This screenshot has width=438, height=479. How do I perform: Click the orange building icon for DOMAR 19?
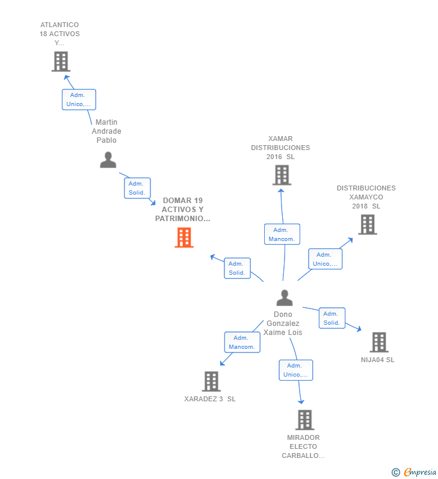point(184,237)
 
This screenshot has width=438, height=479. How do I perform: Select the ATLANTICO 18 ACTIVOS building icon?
point(61,61)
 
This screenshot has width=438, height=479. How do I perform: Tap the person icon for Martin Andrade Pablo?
point(108,160)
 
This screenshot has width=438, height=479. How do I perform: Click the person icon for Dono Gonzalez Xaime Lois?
point(284,298)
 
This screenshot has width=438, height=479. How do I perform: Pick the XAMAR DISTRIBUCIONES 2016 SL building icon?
point(282,175)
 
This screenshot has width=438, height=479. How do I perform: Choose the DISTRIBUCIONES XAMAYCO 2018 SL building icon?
point(367,224)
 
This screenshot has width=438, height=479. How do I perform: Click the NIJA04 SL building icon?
point(378,342)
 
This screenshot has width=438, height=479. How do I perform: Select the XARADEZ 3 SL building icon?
point(211,381)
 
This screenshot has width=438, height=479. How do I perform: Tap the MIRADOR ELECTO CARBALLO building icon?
point(305,419)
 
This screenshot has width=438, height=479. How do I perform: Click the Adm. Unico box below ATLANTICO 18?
point(79,99)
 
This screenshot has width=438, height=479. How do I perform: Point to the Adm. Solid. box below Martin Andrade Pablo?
point(137,188)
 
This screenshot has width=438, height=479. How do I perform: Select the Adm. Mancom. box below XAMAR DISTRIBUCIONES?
point(282,234)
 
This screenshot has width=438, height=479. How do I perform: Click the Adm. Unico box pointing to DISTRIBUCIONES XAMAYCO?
point(325,259)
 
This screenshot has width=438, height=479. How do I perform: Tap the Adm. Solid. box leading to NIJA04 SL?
point(332,318)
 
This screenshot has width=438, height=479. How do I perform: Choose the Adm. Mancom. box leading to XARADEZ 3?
point(242,342)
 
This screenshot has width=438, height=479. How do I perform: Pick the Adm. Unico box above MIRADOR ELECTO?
point(295,370)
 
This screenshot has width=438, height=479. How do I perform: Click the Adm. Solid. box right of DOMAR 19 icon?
point(237,268)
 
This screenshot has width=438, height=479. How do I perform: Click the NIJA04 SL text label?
point(378,360)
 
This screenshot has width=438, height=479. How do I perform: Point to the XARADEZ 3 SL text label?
point(210,399)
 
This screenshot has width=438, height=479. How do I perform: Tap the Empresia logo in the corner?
point(415,472)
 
